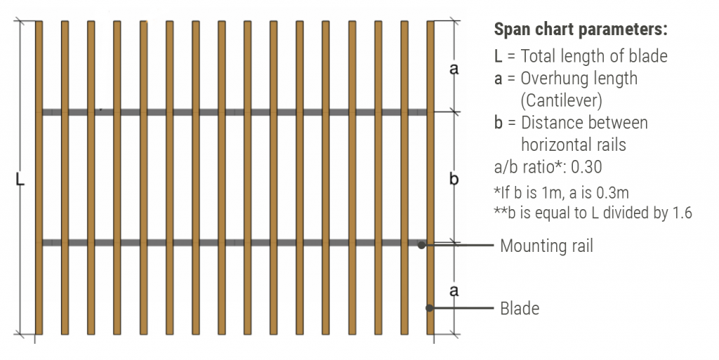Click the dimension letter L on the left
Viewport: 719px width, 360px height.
[x=20, y=180]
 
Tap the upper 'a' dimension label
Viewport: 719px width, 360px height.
[x=454, y=69]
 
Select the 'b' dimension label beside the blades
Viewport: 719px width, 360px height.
[x=454, y=178]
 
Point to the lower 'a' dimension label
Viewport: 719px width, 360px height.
[x=454, y=291]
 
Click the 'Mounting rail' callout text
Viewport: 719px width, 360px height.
[x=546, y=246]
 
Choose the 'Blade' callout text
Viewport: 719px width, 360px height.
[x=520, y=308]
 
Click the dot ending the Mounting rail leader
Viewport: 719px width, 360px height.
[x=421, y=246]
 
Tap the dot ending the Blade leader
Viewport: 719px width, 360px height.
[x=429, y=308]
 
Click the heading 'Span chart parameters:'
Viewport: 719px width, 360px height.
[x=580, y=29]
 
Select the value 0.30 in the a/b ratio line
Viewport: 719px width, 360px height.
[x=586, y=167]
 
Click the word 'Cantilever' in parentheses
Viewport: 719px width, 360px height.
[x=561, y=100]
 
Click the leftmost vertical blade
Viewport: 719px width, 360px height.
[x=39, y=178]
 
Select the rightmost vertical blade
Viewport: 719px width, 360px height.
[x=430, y=178]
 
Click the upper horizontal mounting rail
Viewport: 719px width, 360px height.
[x=235, y=112]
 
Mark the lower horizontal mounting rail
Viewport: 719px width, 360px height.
[x=235, y=243]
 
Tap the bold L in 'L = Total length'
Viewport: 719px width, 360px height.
[x=498, y=56]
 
